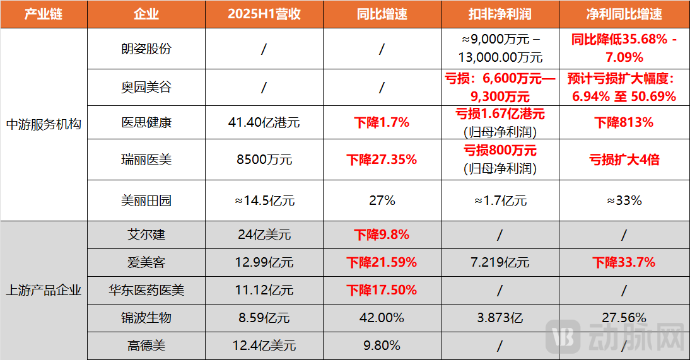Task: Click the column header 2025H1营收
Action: pos(264,14)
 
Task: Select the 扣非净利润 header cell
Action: pos(500,14)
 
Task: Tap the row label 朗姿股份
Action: pos(146,49)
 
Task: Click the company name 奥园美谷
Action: pos(146,87)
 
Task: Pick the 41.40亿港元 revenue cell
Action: pos(264,122)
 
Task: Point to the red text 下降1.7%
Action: pos(382,122)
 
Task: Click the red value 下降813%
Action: pos(624,122)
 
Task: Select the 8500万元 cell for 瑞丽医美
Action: pos(264,160)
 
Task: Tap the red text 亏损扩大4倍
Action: pos(624,160)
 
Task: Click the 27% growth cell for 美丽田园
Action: pos(382,201)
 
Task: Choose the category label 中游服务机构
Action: pos(44,124)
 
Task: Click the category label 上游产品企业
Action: pos(44,290)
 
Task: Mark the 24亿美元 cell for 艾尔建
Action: pos(264,235)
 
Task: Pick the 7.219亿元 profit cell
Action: pos(500,262)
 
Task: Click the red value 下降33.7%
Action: pos(624,262)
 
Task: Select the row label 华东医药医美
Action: pos(146,290)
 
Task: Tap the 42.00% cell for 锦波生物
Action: pos(382,318)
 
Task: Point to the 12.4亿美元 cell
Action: pos(264,345)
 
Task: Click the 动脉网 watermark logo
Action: pos(615,337)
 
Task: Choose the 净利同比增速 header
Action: pos(624,14)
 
